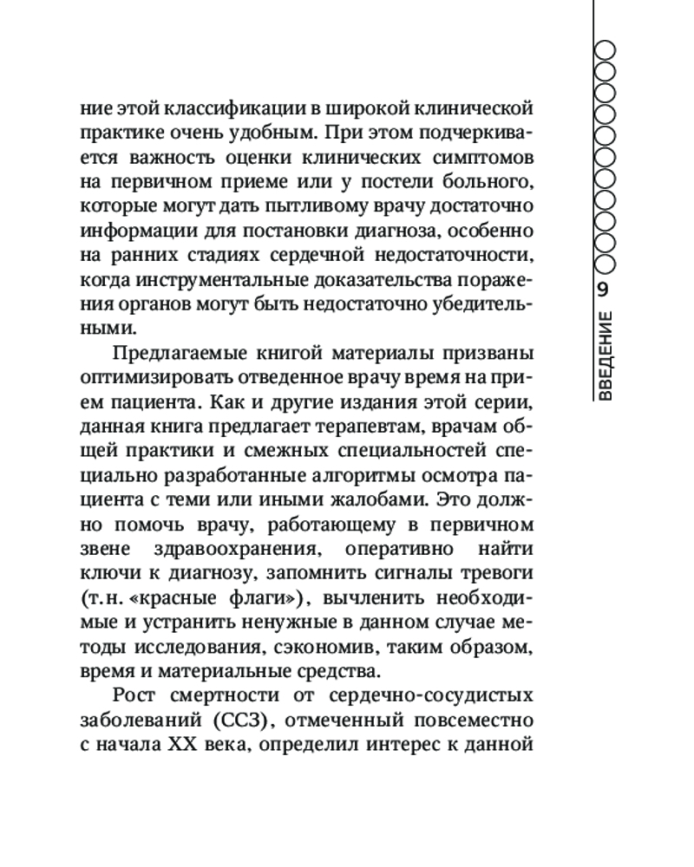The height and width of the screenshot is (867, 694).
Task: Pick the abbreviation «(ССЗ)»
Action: [241, 720]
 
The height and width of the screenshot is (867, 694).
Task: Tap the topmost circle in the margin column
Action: [606, 49]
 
